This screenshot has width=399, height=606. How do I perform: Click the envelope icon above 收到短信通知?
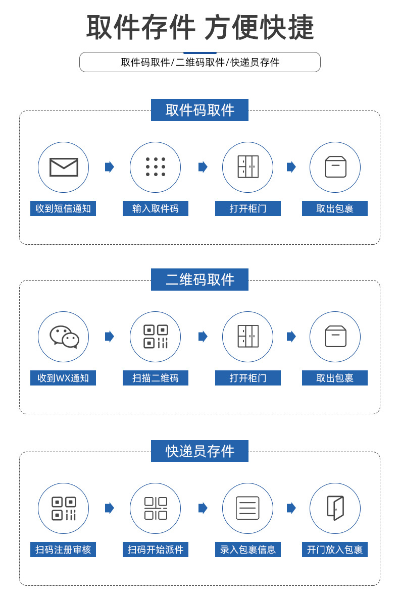tap(64, 167)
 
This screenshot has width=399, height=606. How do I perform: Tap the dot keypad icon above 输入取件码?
tap(156, 167)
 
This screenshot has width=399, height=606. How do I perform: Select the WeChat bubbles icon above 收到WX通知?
tap(64, 337)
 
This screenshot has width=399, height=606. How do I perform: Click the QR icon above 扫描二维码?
tap(156, 337)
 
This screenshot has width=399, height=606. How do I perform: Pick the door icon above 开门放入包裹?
tap(335, 508)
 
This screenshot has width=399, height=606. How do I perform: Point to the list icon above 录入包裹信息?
tap(247, 508)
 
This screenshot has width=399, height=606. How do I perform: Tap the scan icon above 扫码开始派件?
tap(156, 508)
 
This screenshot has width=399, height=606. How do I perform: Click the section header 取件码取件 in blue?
tap(199, 110)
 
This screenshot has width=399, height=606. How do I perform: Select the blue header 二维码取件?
tap(199, 280)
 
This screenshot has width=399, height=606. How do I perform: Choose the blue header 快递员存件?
tap(199, 451)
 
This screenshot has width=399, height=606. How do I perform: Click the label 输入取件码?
tap(156, 208)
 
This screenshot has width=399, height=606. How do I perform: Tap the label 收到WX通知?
tap(63, 378)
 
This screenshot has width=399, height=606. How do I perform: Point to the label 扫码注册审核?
tap(63, 549)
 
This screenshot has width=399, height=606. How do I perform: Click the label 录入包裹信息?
tap(248, 549)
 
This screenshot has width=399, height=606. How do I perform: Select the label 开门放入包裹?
tap(335, 549)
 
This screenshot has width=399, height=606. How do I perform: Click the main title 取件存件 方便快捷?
tap(200, 27)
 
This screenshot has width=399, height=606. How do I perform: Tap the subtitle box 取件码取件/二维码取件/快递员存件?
tap(200, 62)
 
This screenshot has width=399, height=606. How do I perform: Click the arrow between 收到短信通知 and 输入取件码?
tap(110, 167)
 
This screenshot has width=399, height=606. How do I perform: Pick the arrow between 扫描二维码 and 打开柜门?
tap(203, 337)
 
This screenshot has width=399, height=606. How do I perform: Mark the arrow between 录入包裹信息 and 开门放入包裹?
tap(291, 508)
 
